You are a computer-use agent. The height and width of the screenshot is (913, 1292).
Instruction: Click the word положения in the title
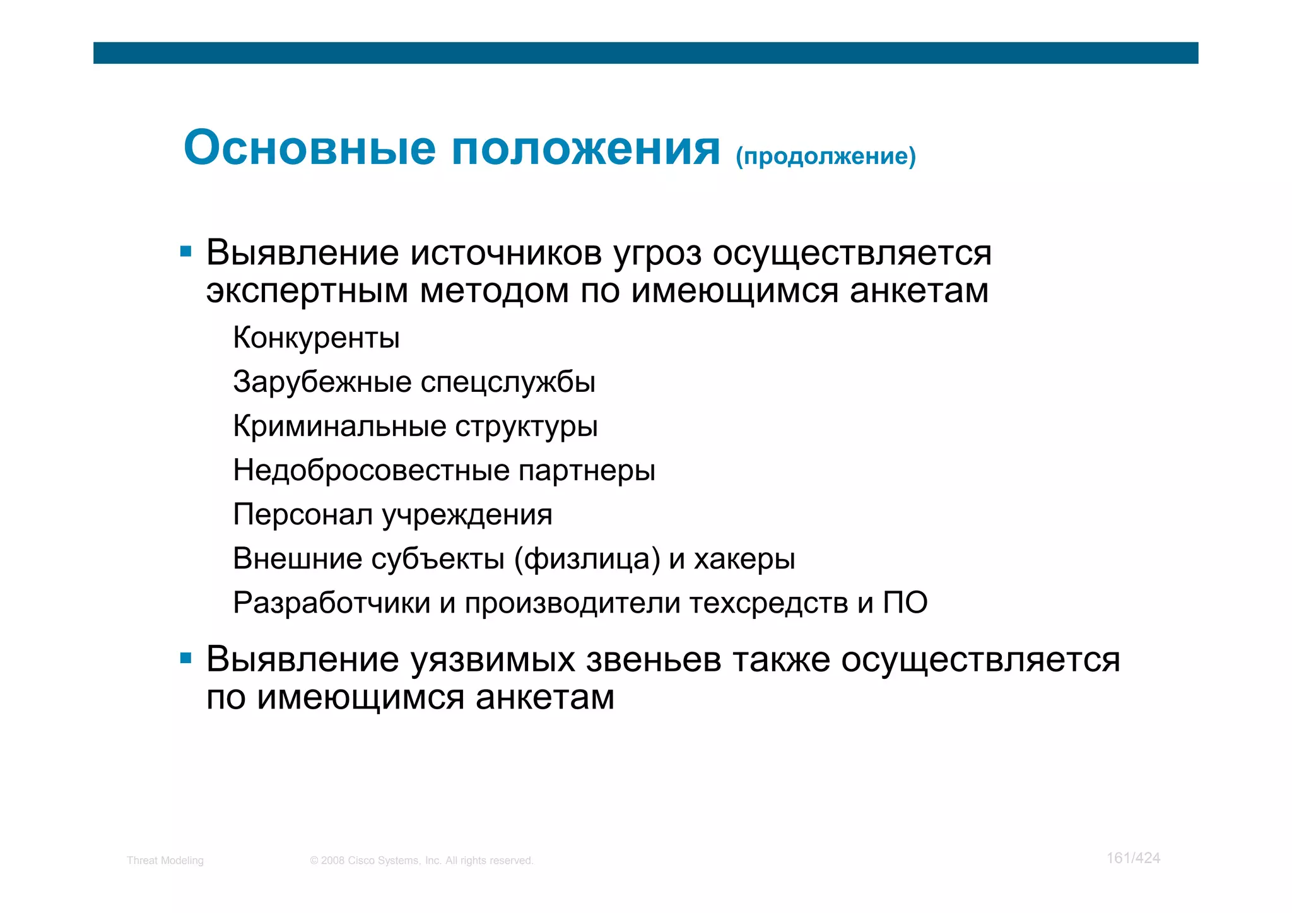(586, 149)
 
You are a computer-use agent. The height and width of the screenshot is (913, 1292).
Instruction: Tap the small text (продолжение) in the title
(825, 156)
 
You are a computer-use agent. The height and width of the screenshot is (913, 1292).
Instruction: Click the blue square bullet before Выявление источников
(185, 252)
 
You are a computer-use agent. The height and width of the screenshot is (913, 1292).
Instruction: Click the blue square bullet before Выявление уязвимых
(185, 659)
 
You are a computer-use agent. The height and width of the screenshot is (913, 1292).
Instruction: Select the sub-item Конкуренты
(316, 338)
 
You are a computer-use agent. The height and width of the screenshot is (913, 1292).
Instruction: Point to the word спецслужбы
(508, 382)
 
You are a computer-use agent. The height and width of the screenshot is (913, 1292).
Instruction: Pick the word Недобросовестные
(371, 470)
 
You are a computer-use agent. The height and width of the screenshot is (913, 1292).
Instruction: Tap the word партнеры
(587, 471)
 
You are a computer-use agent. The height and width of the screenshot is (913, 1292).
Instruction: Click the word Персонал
(303, 515)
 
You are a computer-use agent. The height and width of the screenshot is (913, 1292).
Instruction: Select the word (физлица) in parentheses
(587, 559)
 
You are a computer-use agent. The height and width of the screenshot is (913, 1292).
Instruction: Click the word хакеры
(744, 559)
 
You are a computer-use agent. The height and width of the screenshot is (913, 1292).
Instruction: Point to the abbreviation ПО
(905, 603)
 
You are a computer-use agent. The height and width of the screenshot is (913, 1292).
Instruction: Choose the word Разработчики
(331, 603)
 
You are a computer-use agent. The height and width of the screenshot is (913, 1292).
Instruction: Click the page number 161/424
(1133, 858)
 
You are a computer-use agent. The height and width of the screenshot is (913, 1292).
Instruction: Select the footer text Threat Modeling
(165, 861)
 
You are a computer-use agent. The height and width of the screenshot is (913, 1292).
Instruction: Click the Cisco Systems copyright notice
(421, 861)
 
